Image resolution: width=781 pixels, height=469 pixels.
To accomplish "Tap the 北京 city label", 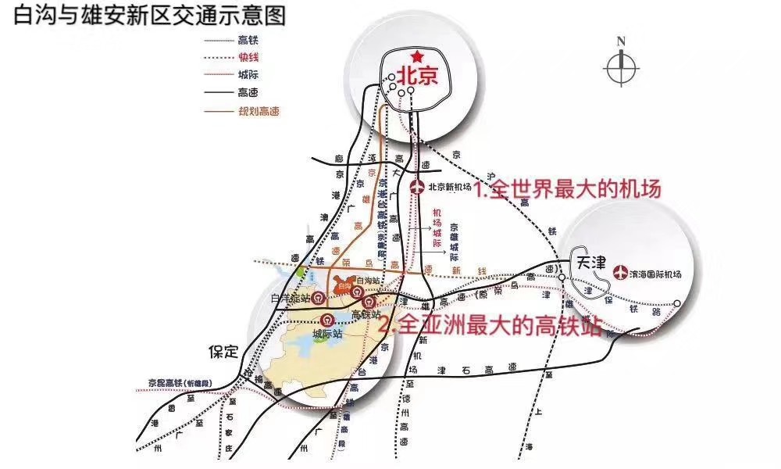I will pyautogui.click(x=419, y=75).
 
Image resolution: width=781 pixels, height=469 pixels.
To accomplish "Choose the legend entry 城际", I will pyautogui.click(x=248, y=75).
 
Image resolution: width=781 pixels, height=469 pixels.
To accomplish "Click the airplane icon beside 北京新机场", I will pyautogui.click(x=417, y=187).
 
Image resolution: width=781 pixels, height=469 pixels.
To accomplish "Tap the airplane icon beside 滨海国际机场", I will pyautogui.click(x=622, y=273).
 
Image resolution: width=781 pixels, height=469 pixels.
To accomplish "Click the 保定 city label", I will pyautogui.click(x=223, y=351).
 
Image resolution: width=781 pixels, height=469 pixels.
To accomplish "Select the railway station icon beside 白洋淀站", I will pyautogui.click(x=320, y=297).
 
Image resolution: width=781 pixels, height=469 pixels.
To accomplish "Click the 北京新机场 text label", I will pyautogui.click(x=450, y=187).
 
